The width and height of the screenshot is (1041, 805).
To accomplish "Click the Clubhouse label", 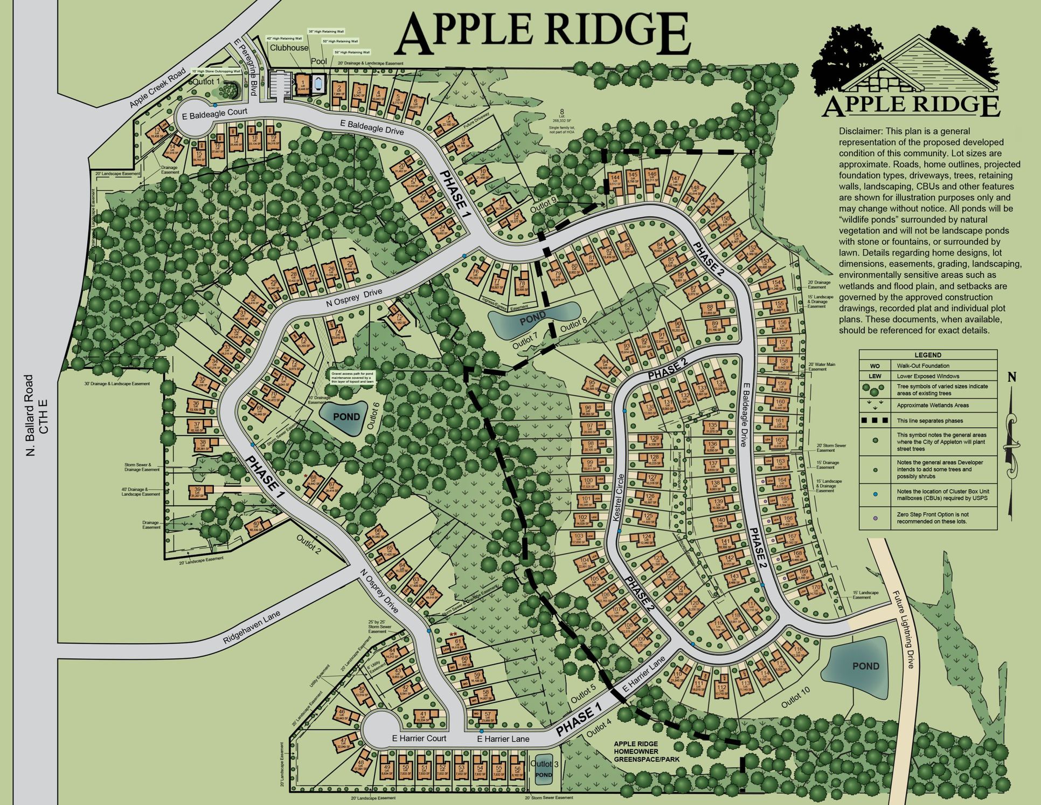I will pos(289,47).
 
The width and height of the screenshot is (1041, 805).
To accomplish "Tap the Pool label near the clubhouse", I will pos(318,61).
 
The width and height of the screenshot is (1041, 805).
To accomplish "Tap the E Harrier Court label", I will pos(419,738).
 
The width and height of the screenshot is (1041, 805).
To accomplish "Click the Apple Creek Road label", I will pos(157,87).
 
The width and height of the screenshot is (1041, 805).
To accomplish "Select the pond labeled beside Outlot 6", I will pos(346,417).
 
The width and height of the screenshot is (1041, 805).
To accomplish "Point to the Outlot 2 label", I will pos(309,545).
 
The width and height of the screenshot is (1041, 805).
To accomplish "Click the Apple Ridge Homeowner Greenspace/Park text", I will pos(646,752).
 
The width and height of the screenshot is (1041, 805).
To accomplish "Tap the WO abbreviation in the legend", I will pos(875,366).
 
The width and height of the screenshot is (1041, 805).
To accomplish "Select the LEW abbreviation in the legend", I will pos(875,376).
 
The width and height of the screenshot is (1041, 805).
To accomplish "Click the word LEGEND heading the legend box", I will pos(927,355).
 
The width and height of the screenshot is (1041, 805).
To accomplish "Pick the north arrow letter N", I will pos(1012,377).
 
